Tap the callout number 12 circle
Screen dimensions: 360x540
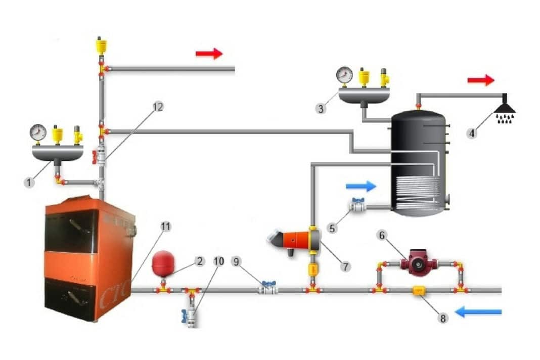pos(158,107)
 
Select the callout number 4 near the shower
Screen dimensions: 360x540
pos(471,134)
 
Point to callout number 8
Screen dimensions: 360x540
pos(443,319)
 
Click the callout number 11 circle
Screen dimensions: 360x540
pos(165,227)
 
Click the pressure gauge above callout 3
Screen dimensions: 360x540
pos(344,75)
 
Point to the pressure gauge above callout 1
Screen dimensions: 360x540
pos(38,133)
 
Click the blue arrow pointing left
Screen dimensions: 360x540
pos(478,312)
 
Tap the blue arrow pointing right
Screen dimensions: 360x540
pos(361,186)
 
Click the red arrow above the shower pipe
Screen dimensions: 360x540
pos(480,80)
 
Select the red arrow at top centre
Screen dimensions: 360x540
pos(209,54)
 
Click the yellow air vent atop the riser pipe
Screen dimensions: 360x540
pos(101,46)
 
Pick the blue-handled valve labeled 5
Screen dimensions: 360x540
pos(357,205)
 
